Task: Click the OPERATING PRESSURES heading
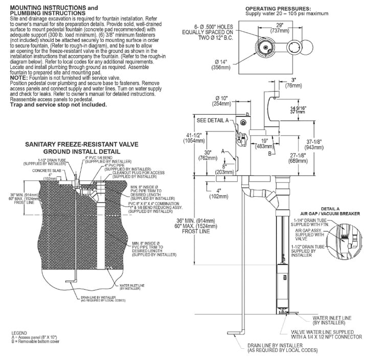click(278, 9)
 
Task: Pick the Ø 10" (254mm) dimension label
click(221, 100)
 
